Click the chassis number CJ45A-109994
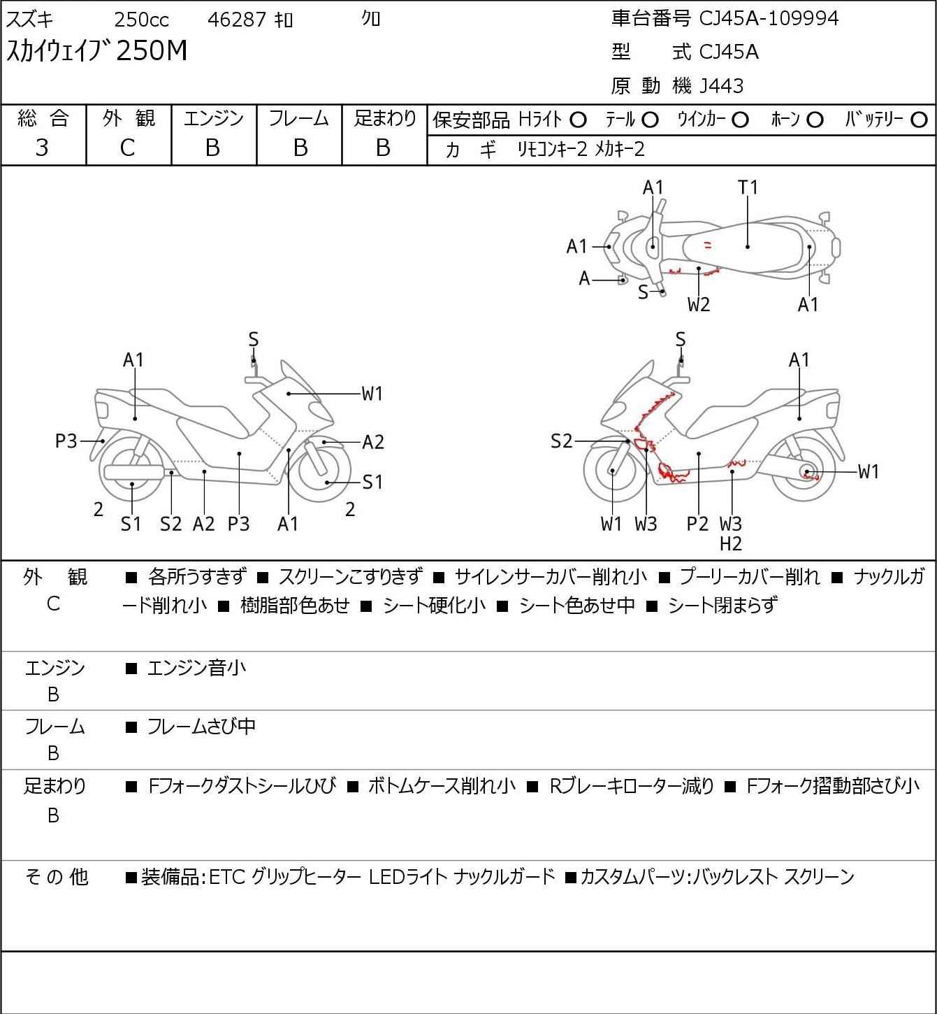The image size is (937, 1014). click(x=769, y=18)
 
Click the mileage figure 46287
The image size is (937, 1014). click(x=237, y=20)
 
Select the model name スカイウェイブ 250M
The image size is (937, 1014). click(x=97, y=51)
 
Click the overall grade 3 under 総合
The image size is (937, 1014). click(x=42, y=148)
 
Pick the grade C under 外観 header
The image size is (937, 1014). click(x=127, y=148)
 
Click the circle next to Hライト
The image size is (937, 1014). click(x=578, y=120)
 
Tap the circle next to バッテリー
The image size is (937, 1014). click(x=920, y=120)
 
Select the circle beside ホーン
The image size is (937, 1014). click(x=815, y=120)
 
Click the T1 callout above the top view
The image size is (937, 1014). click(x=748, y=187)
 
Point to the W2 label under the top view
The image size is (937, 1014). click(x=699, y=304)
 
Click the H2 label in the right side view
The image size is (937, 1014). click(x=731, y=543)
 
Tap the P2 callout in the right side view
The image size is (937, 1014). click(x=697, y=523)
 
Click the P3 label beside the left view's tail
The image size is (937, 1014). click(x=66, y=441)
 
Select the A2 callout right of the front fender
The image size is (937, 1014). click(x=373, y=442)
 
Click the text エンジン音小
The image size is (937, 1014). click(x=197, y=669)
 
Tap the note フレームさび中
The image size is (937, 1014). click(x=201, y=727)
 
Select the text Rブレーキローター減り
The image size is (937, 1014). click(x=632, y=787)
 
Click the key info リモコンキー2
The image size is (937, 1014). click(x=552, y=149)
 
